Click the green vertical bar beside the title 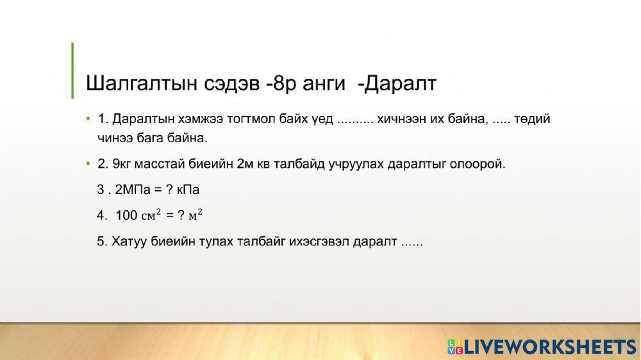coord(72,70)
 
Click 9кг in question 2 coord(122,164)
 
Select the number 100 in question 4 coord(126,216)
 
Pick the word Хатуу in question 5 coord(129,242)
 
